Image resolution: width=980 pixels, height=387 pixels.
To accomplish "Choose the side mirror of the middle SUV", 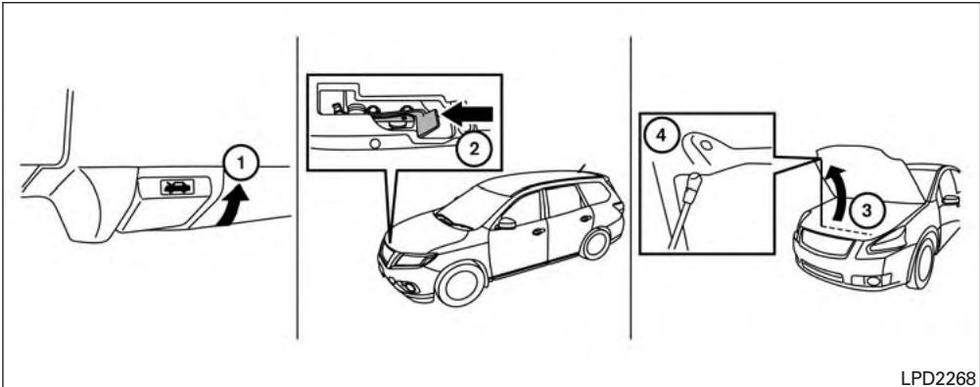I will click(506, 223).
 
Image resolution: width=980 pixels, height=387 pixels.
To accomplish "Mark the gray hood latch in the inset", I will click(427, 121).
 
